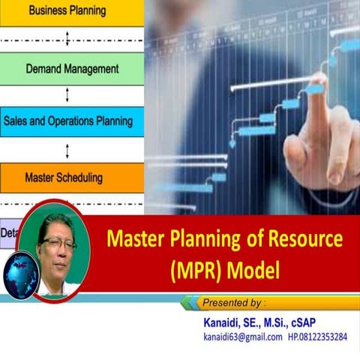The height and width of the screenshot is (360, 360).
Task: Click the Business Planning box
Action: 71,11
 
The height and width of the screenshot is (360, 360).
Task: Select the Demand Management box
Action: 71,68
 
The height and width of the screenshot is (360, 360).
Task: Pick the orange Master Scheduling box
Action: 71,178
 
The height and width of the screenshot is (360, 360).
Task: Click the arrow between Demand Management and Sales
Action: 68,95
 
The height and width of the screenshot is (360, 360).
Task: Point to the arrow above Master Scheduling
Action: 68,151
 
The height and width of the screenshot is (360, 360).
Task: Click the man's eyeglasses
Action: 58,244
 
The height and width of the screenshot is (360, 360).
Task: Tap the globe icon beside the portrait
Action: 20,275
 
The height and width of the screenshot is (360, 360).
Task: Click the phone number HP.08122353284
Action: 318,337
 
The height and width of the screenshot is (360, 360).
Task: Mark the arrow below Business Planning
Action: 68,37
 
